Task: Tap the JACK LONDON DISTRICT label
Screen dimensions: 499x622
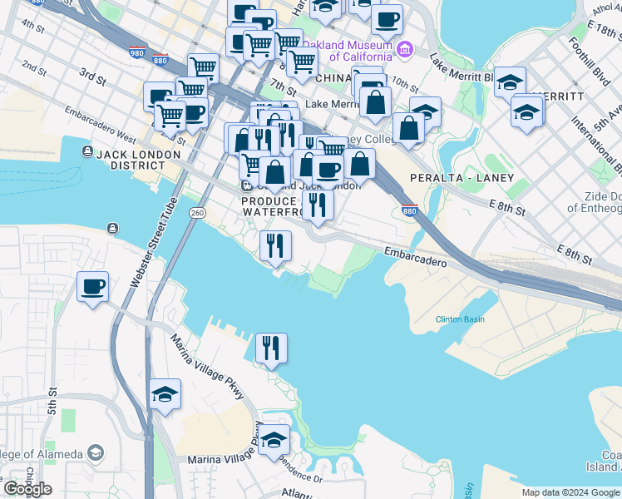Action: [x=139, y=155]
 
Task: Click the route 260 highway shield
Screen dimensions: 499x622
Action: [x=197, y=213]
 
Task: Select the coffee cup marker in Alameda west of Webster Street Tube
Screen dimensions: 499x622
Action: [x=92, y=288]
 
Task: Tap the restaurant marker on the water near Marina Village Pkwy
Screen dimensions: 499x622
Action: [x=271, y=348]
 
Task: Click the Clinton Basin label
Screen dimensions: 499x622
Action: [x=460, y=319]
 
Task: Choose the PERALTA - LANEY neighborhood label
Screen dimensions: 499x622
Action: [x=462, y=178]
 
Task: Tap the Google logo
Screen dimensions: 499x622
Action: [x=27, y=489]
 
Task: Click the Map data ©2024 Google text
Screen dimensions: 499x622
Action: [x=570, y=492]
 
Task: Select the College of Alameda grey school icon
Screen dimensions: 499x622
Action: [x=96, y=453]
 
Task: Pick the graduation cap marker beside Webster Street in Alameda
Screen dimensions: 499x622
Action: [x=165, y=395]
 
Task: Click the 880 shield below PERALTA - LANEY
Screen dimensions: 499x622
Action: [x=409, y=211]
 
